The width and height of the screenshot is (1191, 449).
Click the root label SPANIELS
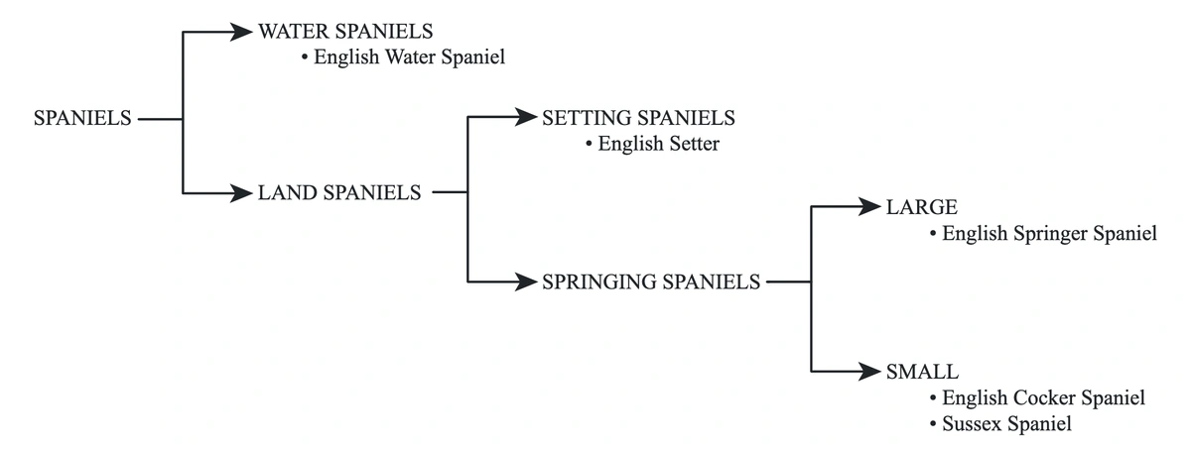[82, 118]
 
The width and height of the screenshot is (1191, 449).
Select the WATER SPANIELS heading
[345, 32]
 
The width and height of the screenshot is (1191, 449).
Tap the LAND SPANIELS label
[339, 193]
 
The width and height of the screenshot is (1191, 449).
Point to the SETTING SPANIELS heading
[638, 118]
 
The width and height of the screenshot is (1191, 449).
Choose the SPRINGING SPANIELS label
[651, 281]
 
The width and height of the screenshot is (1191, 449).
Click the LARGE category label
[921, 207]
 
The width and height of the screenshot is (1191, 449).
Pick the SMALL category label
[922, 372]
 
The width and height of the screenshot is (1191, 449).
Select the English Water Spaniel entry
[409, 57]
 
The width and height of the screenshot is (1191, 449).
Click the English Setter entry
[658, 145]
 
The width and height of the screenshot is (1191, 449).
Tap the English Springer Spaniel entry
[1049, 235]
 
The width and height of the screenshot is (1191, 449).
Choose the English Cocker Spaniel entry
[1043, 397]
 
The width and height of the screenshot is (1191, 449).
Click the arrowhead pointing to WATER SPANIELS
[241, 32]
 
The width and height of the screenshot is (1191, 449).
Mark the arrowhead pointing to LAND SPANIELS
[241, 193]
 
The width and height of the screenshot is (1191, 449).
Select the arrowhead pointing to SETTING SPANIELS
[526, 118]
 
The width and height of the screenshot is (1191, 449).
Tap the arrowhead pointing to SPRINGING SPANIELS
[526, 281]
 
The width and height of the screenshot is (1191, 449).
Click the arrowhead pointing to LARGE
[870, 207]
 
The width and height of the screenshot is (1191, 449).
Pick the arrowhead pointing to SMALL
[870, 372]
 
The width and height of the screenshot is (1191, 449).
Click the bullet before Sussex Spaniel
[933, 424]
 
